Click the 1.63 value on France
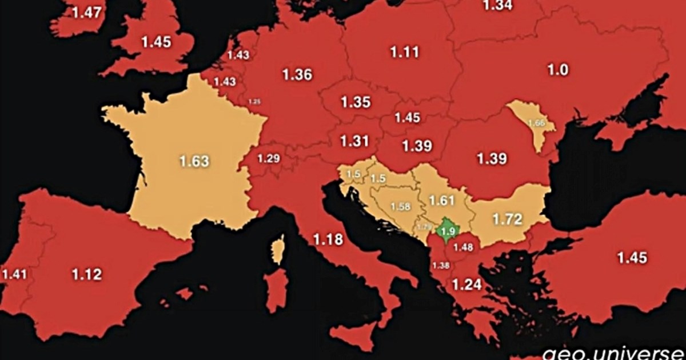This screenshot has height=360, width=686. (x=194, y=161)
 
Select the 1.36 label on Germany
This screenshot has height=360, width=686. (x=297, y=75)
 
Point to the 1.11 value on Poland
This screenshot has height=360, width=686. (x=405, y=52)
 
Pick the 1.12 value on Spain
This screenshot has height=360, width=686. (x=87, y=274)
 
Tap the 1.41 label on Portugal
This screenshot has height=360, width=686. (x=14, y=274)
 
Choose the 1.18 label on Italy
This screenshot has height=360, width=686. (x=328, y=239)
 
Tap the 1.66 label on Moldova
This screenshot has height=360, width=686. (x=536, y=123)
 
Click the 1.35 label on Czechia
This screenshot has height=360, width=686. (x=356, y=103)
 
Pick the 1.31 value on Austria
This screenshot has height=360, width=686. (x=353, y=141)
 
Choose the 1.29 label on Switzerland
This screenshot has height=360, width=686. (x=269, y=158)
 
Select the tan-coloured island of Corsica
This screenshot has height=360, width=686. (x=278, y=250)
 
